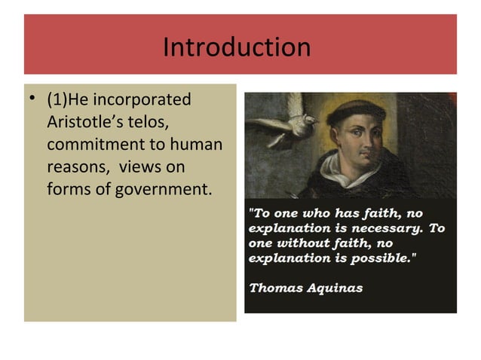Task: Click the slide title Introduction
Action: tap(237, 48)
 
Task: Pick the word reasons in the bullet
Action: tap(76, 165)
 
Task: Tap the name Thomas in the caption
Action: tap(274, 288)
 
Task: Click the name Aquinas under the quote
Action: tap(333, 288)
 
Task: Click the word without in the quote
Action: tap(301, 243)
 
